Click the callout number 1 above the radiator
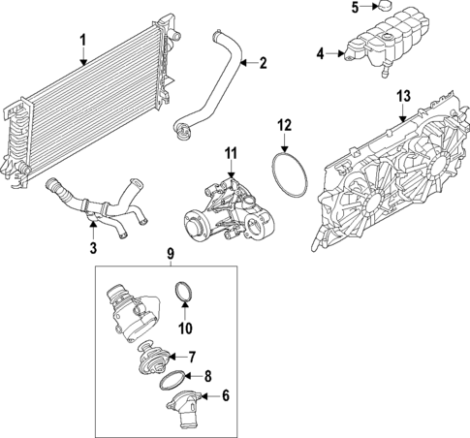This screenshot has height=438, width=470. tap(82, 40)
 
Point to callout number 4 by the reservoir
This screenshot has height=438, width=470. tap(321, 54)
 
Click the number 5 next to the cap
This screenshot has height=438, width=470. tap(354, 8)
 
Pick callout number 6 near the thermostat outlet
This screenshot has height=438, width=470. tap(226, 395)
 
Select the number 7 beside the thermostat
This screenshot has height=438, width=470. tap(219, 356)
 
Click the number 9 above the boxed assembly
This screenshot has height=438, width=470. tap(172, 255)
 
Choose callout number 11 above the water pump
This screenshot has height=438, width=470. tap(231, 154)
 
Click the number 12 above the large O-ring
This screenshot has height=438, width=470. tap(284, 125)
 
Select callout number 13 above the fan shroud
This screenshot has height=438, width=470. tap(404, 95)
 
